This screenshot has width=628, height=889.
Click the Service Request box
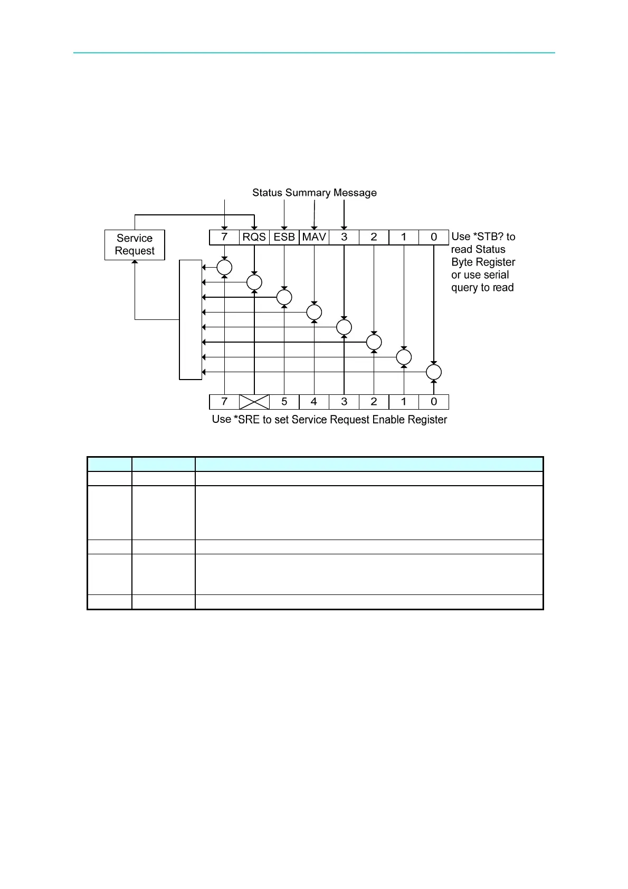click(135, 244)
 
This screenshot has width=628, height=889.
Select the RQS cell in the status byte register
click(254, 237)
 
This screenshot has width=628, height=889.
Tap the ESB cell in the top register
click(284, 237)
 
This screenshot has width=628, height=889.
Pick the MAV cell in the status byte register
click(314, 237)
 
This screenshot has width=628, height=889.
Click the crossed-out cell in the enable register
click(254, 402)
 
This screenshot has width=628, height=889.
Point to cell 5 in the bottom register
click(284, 402)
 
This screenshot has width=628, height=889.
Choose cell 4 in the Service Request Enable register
click(314, 402)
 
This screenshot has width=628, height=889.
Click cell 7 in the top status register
click(224, 237)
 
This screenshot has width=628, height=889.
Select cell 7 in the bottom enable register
click(224, 402)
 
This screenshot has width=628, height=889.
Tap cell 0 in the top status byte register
click(434, 237)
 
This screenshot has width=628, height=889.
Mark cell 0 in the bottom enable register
click(434, 402)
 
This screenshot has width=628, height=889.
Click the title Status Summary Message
click(315, 193)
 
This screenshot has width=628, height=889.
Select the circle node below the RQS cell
click(254, 282)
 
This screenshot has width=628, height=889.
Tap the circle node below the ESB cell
click(284, 297)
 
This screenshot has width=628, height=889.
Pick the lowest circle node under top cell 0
click(434, 372)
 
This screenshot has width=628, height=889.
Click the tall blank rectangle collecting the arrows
click(191, 319)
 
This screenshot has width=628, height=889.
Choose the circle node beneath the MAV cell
click(314, 312)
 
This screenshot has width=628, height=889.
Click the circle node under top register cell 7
click(224, 268)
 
